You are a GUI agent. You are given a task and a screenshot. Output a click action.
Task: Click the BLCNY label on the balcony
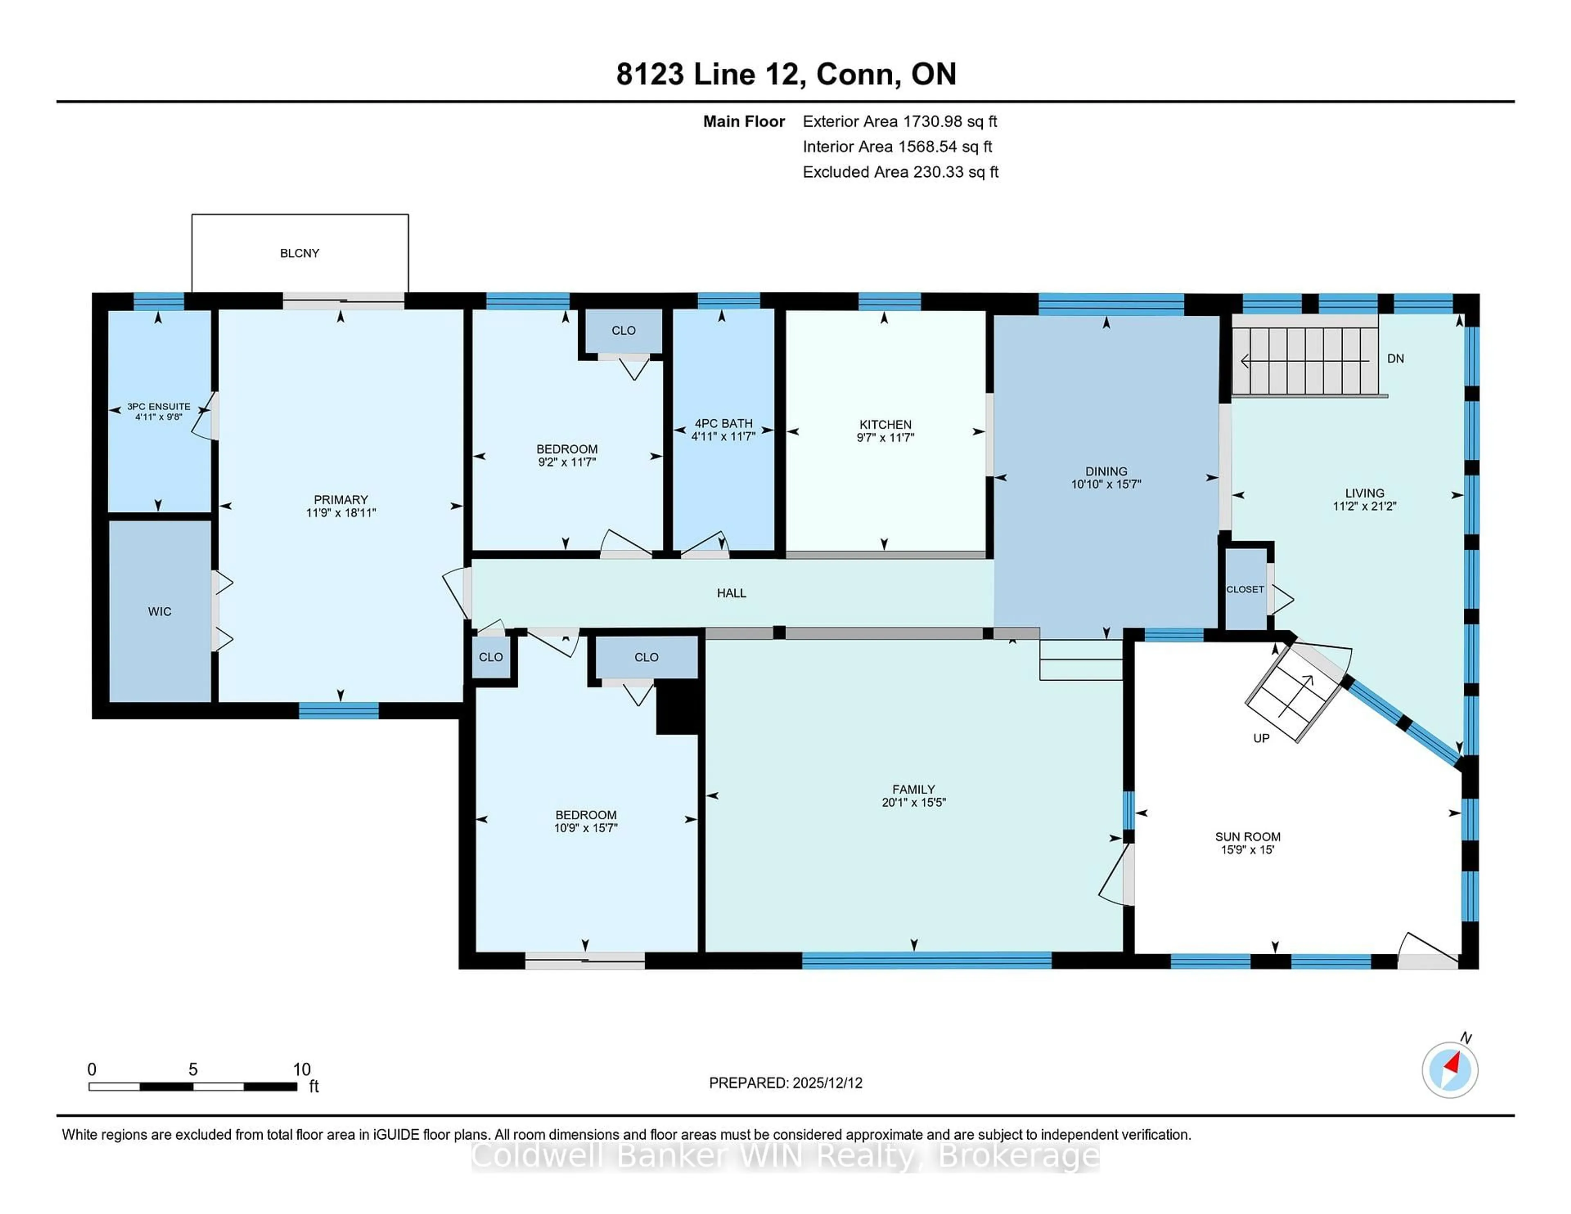(299, 253)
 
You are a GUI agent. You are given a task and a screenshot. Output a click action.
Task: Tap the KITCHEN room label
(885, 424)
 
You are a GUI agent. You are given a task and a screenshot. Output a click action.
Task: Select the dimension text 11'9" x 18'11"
(340, 513)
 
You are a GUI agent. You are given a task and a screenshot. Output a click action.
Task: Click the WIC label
(160, 611)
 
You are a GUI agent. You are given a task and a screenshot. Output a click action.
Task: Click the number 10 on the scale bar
(302, 1070)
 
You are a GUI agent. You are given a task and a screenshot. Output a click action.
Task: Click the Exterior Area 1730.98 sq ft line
(899, 121)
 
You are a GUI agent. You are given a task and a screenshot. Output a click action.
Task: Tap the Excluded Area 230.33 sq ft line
(900, 172)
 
